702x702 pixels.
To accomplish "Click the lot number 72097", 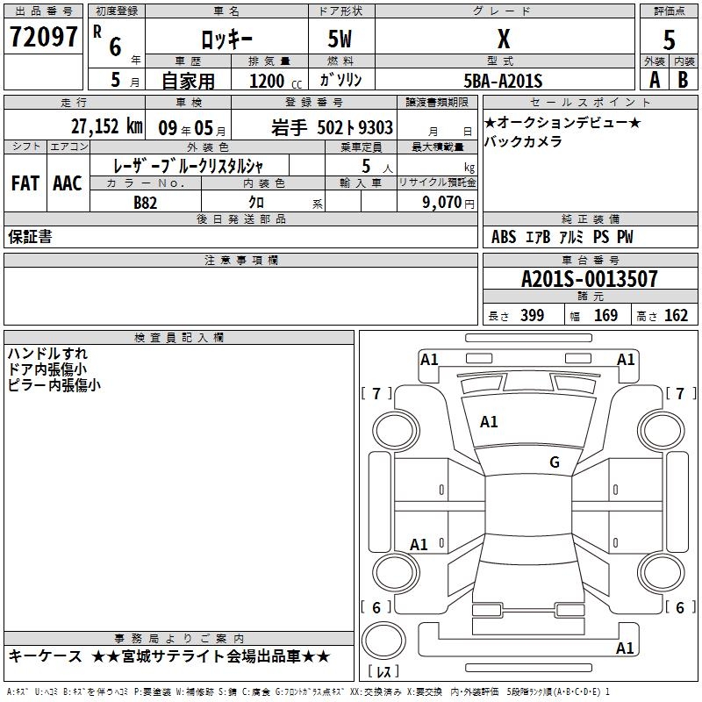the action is pos(43,38).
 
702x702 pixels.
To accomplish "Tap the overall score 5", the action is pos(670,40).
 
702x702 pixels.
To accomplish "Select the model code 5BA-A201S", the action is pos(504,81).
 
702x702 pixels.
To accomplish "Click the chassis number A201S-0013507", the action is pos(589,279).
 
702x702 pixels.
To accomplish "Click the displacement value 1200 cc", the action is pos(272,81).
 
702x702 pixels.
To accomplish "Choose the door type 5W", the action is pos(341,40).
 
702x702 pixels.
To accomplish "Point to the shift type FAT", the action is pos(25,183).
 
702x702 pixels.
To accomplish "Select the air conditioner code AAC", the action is pos(67,183).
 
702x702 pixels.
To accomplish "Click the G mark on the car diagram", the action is pos(554,462).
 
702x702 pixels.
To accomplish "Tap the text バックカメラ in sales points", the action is pos(523,141).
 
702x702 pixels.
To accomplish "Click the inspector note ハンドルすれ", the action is pos(47,354).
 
